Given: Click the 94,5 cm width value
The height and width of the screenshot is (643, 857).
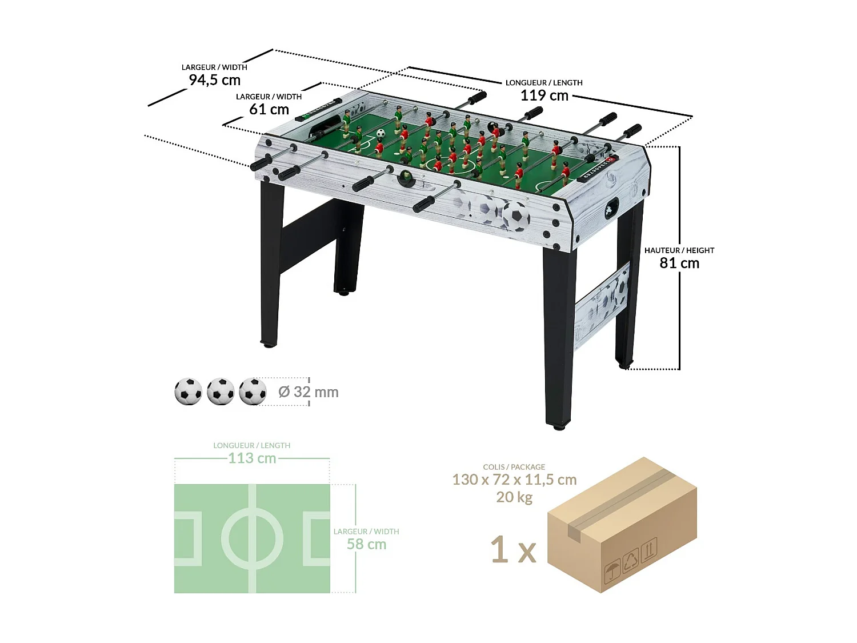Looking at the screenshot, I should coord(215,80).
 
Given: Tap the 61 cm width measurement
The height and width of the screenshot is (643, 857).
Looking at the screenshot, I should coord(269,109).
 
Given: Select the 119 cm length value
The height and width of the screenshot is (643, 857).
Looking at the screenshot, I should coord(544,95).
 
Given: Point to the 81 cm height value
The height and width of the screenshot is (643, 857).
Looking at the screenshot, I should coord(679,263).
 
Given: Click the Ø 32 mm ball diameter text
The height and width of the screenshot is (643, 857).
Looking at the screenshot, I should coord(309,392).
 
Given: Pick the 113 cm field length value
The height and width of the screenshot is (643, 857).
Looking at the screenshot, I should coord(252,458).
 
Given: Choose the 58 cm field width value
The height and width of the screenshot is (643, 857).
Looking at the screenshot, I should coord(366,544).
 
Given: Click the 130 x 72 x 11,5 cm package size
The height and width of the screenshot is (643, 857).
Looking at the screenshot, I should coord(514,480).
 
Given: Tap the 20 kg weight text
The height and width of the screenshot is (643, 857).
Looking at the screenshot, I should coord(514,497).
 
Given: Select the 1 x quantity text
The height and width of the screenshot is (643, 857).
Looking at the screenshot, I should coord(513,550).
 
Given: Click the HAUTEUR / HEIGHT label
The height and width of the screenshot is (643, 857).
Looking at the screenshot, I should coord(679,250).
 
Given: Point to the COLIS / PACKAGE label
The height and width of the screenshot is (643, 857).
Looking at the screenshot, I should coord(514,467).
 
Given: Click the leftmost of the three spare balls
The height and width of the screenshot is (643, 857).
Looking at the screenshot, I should coord(189,392).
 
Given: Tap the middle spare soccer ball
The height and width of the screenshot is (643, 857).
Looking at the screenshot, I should coord(221,392).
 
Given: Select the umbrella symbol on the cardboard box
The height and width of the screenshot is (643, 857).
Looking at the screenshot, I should coord(612,570).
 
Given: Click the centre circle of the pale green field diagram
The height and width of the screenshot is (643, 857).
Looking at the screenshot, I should coord(252,539).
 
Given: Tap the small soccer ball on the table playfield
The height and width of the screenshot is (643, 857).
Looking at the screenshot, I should coord(381,133).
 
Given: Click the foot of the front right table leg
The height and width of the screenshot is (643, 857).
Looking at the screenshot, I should coord(558,426).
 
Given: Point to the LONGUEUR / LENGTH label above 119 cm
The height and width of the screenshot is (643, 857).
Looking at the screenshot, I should coord(544,83).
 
